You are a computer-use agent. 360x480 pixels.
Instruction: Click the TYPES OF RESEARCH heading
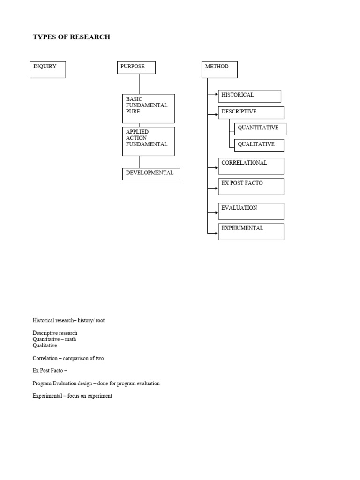point(71,37)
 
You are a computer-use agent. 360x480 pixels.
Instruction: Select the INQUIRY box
point(48,69)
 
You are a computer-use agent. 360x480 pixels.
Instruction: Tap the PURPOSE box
point(136,67)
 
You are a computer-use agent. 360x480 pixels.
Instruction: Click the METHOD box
point(219,69)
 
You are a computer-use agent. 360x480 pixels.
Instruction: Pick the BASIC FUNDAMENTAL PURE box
point(149,108)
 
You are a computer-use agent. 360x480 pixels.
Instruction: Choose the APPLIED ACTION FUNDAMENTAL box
point(149,141)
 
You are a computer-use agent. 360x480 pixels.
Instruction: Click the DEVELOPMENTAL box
point(151,174)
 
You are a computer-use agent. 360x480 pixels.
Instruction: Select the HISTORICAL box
point(249,96)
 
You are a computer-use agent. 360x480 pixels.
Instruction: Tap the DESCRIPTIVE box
point(251,112)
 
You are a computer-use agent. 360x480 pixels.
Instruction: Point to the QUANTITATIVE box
point(260,129)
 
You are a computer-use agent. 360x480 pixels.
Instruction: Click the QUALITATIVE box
point(259,145)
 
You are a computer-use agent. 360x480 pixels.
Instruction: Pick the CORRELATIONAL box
point(251,166)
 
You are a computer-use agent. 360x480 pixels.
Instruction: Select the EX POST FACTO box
point(251,186)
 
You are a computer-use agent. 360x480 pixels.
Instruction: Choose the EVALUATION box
point(251,211)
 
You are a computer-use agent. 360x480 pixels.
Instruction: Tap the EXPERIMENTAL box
point(251,232)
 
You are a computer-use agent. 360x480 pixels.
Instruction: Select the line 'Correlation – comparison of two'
point(68,358)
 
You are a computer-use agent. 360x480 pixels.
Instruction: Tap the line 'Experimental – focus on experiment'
point(72,396)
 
